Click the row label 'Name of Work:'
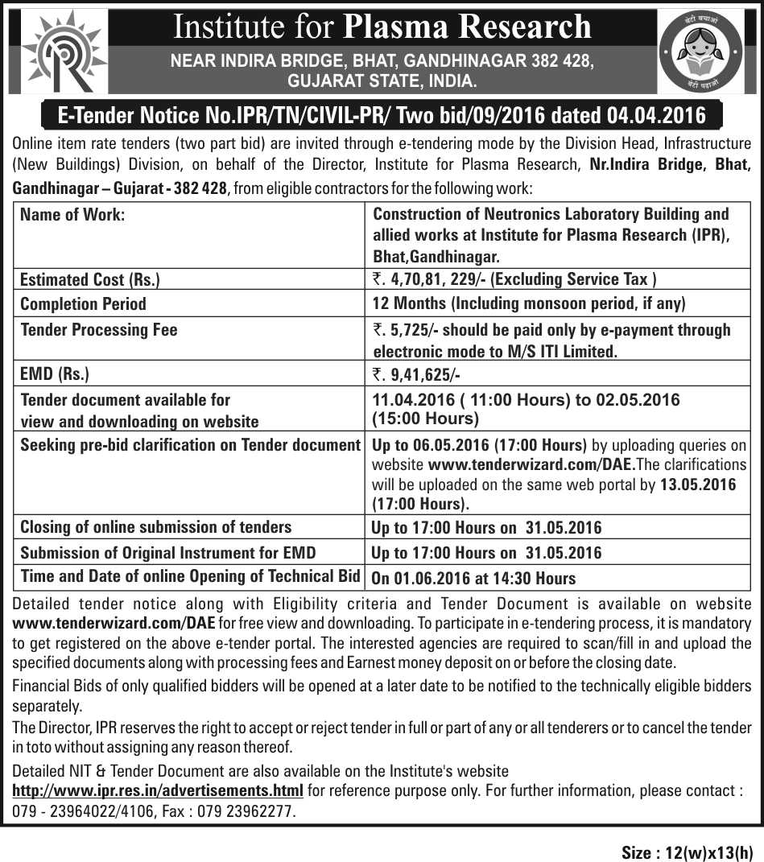[72, 215]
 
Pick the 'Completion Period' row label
[83, 304]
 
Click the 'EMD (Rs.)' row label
[55, 373]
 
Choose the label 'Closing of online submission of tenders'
[155, 527]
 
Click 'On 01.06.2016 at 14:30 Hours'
[473, 578]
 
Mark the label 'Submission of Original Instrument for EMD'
[167, 553]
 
